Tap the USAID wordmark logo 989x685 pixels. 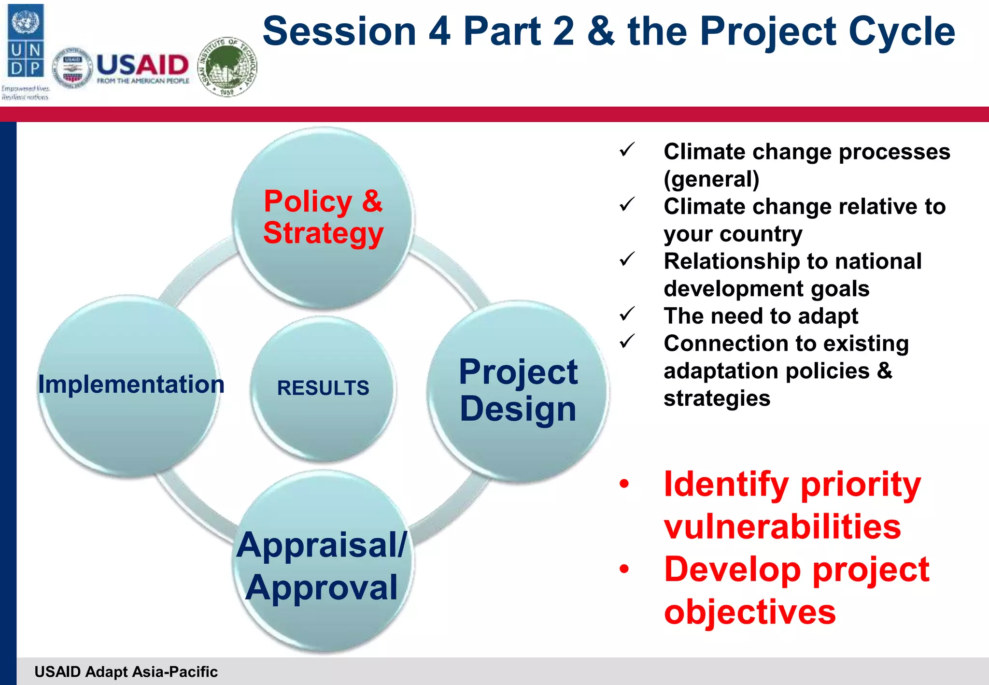click(142, 68)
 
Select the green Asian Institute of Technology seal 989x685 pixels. click(227, 67)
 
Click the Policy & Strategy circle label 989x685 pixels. click(323, 217)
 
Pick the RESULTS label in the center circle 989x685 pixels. click(323, 388)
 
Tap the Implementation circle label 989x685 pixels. click(131, 385)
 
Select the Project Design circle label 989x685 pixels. click(518, 390)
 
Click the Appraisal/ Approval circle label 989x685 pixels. click(322, 566)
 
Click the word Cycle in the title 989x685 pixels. click(901, 31)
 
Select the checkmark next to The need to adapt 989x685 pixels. click(627, 314)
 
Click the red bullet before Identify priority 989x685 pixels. click(624, 484)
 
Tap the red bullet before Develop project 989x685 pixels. click(624, 569)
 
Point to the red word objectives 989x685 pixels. click(749, 612)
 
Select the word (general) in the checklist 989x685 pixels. click(711, 179)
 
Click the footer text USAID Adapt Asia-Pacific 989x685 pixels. click(126, 671)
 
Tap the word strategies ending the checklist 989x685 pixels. click(717, 399)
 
